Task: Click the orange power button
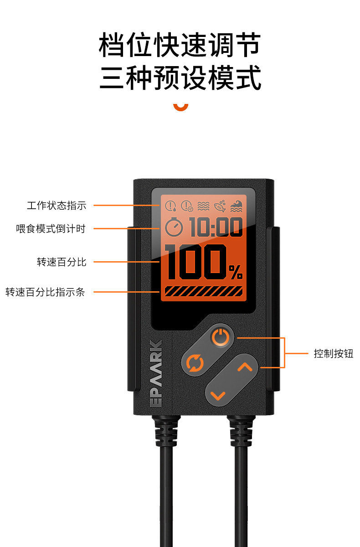point(220,338)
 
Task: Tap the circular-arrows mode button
point(195,364)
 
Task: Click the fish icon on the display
point(220,206)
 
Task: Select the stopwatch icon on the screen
point(174,227)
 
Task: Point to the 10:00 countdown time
point(216,227)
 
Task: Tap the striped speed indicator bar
point(203,291)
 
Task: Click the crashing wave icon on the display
point(236,206)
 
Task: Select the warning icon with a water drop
point(170,206)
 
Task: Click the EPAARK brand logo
point(156,373)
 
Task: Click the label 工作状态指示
point(57,206)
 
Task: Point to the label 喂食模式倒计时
point(51,229)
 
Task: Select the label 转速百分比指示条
point(45,292)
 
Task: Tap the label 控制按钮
point(333,354)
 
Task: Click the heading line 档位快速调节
point(180,45)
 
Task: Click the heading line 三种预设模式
point(180,78)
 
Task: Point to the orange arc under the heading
point(180,108)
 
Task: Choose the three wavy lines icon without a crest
point(203,206)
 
